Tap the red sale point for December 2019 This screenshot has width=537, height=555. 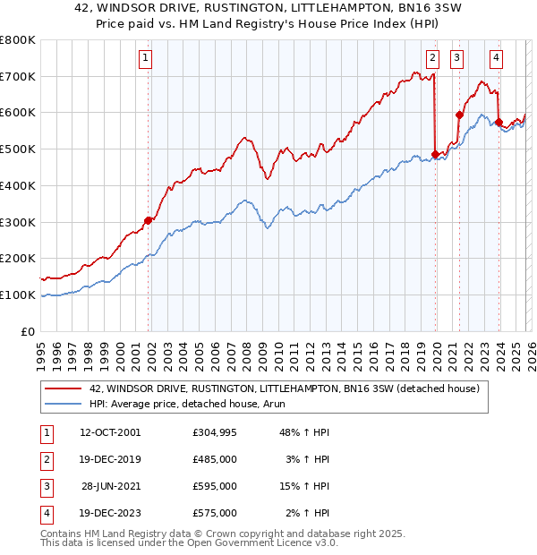(435, 154)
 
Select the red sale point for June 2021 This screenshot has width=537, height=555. (459, 115)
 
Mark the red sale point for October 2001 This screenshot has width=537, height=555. (149, 219)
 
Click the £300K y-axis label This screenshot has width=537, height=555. (20, 222)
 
